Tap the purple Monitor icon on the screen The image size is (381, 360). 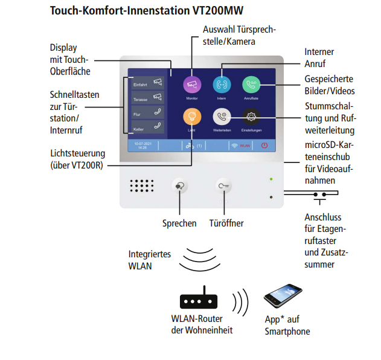[192, 85]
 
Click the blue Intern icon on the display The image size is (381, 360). [222, 85]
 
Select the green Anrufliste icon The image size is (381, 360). [251, 85]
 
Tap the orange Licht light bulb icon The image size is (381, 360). [192, 117]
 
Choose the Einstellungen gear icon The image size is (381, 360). [251, 117]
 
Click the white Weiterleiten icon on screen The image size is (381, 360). [222, 117]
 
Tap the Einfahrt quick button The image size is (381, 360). [147, 83]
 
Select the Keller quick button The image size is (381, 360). [147, 127]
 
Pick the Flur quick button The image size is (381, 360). [147, 112]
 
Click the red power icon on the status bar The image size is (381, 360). [264, 146]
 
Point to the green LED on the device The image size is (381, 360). [271, 179]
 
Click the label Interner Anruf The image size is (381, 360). [319, 57]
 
